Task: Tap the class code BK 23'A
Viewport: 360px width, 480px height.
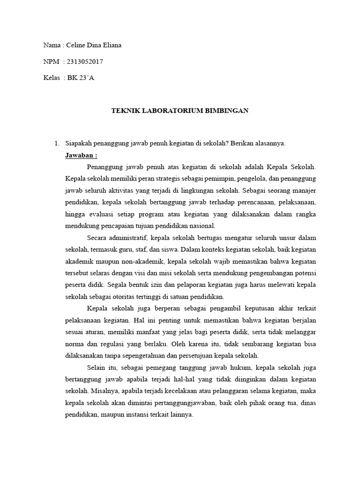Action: [x=81, y=78]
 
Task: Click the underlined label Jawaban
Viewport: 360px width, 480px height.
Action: [x=81, y=155]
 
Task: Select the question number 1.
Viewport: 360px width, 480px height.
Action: [x=57, y=143]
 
